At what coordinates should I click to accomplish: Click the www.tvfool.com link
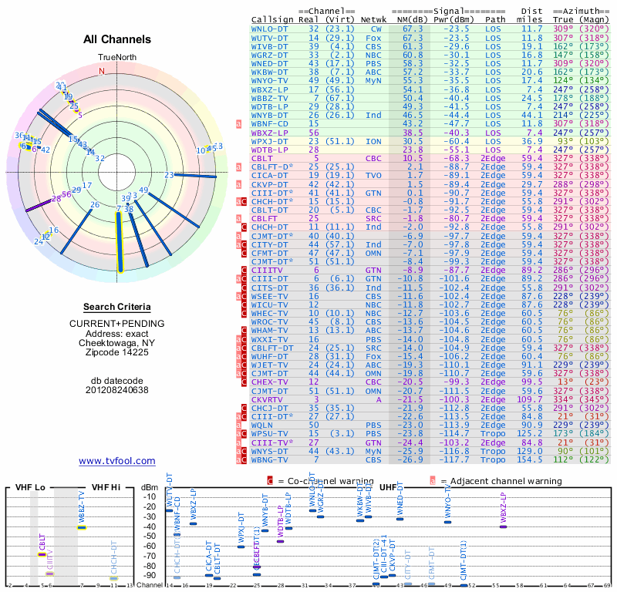[117, 461]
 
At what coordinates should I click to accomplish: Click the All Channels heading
[117, 39]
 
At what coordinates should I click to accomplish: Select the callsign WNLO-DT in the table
[269, 29]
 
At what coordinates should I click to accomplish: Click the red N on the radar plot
[101, 70]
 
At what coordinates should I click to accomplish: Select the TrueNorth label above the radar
[116, 58]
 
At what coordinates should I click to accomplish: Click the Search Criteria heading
[117, 307]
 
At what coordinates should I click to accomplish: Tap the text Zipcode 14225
[117, 352]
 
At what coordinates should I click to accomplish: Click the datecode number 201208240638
[117, 389]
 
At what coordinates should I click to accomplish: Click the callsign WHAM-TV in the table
[269, 330]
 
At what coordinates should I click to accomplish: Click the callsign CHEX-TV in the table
[269, 382]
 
